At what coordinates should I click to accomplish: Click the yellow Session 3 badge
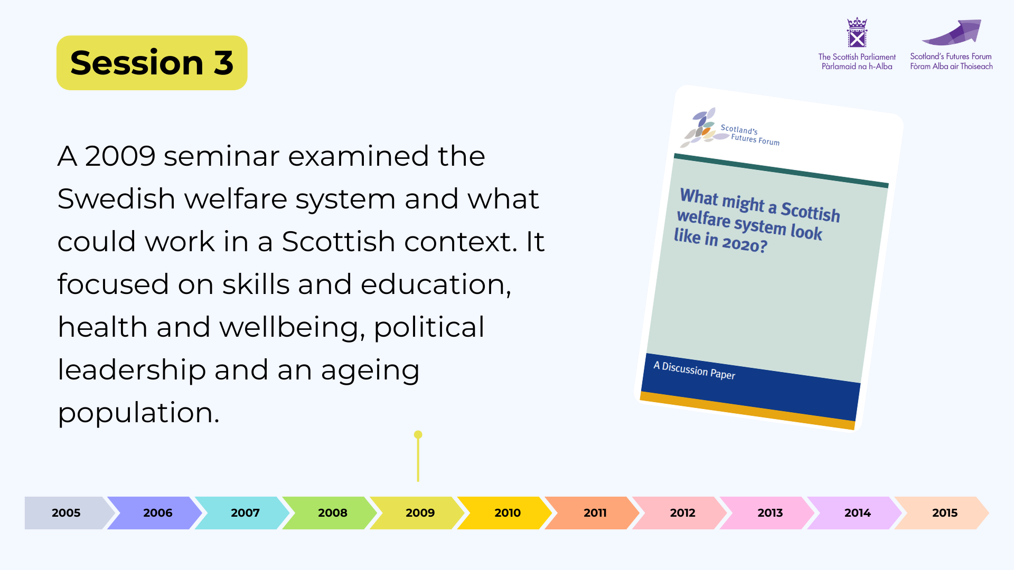[x=152, y=63]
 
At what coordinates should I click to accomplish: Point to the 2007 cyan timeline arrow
[x=242, y=512]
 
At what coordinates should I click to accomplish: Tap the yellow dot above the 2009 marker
[x=418, y=435]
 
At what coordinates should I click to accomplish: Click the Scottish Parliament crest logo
[x=857, y=33]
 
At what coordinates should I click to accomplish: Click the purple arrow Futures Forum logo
[x=952, y=33]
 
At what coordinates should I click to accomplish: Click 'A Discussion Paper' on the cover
[x=694, y=370]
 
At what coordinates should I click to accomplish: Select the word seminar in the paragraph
[x=222, y=156]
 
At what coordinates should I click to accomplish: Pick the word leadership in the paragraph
[x=132, y=370]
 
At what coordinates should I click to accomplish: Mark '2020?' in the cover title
[x=745, y=244]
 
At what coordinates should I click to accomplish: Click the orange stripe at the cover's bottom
[x=747, y=411]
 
